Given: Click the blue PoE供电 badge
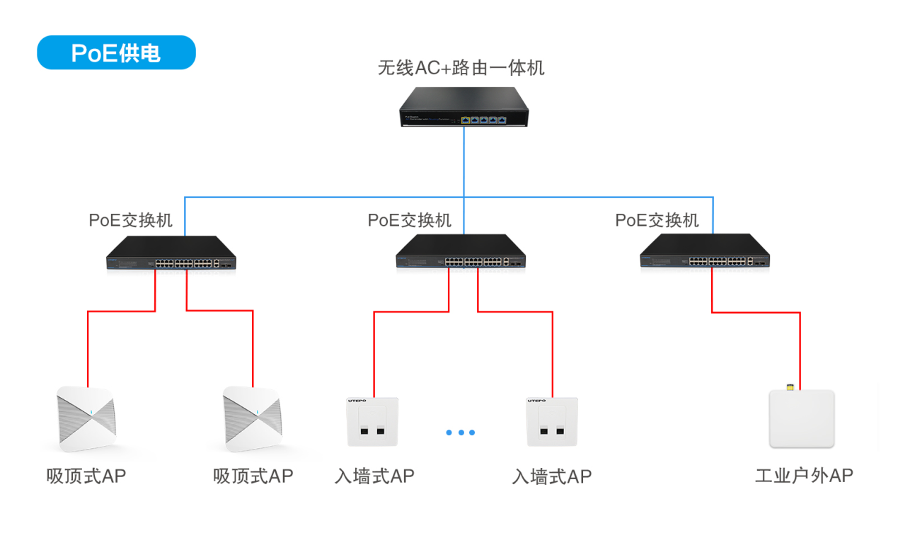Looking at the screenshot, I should pos(116,53).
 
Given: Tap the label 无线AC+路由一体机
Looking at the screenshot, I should pos(461,68).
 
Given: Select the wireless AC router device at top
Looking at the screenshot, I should pos(464,107).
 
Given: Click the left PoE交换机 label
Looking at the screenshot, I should pos(130,220).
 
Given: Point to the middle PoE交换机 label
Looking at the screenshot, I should pos(409,220).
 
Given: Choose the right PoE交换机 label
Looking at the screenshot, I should pos(657,220).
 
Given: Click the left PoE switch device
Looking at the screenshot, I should pos(171,253).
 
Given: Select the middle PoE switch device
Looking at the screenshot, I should pos(461,252).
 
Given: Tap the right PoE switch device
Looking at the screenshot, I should pos(705,252).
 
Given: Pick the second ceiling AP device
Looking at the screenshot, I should pos(253,418).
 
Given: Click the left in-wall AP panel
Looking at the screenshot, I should pos(372,422).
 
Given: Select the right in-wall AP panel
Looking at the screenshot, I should pos(552,422).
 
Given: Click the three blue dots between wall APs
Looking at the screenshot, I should pos(461,432).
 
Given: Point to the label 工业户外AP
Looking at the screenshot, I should pos(804,476).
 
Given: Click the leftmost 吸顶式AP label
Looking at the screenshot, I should pos(86,476).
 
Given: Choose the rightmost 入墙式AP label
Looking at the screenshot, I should pos(551,476).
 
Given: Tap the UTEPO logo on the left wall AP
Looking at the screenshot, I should pos(357,401).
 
